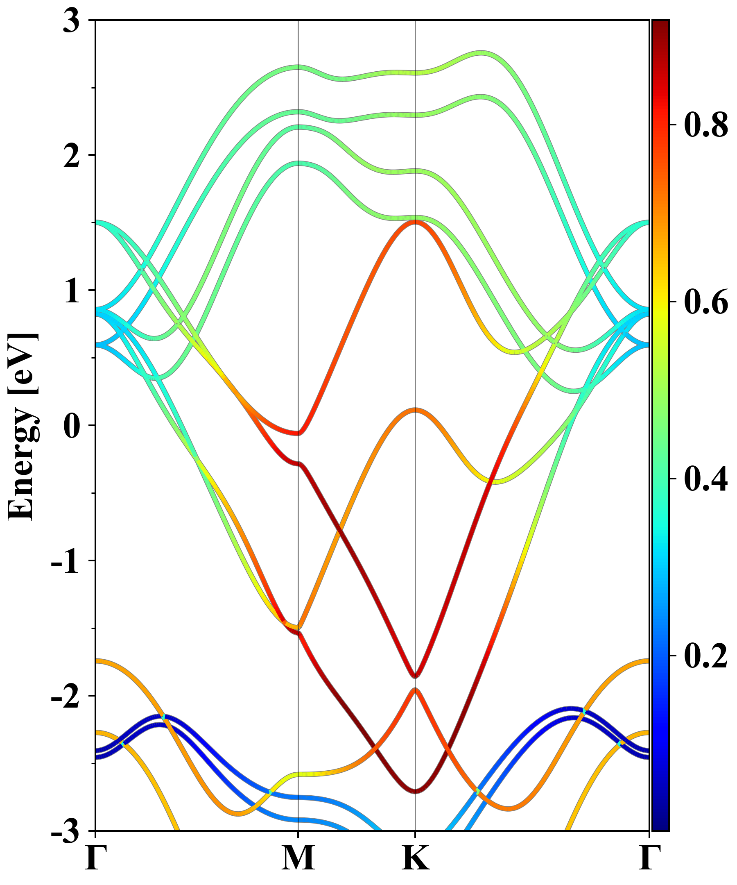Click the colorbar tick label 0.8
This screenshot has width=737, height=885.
tap(706, 125)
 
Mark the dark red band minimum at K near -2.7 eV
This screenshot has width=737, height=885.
tap(416, 791)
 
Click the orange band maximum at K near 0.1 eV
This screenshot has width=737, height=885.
tap(416, 410)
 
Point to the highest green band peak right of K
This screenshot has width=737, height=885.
tap(483, 53)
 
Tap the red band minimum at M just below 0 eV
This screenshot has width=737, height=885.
tap(298, 433)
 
